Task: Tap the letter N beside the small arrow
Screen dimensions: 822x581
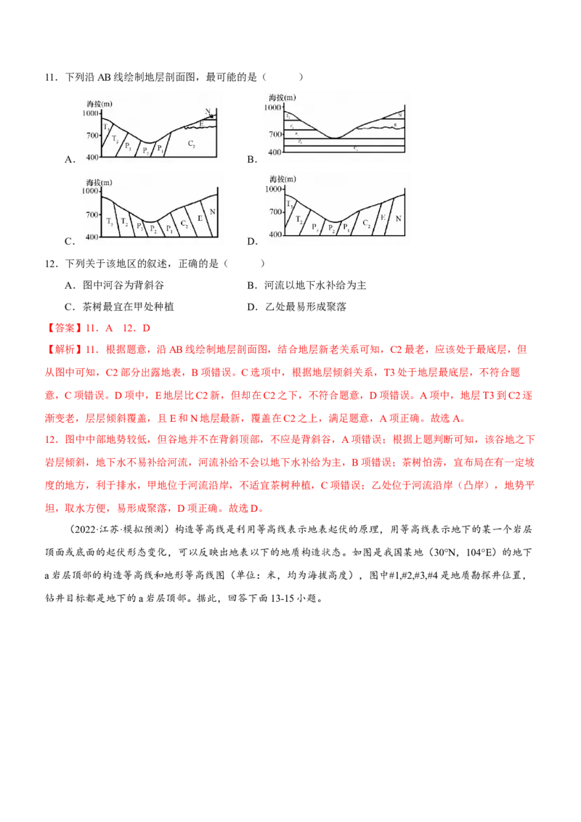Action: (207, 111)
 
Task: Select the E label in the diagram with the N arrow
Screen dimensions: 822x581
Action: (201, 124)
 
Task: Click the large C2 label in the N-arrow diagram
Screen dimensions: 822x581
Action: (191, 144)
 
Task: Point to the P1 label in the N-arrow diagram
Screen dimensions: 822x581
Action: (161, 149)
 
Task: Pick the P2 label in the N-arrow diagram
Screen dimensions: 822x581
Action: (145, 151)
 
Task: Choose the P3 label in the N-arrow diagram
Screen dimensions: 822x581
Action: (128, 146)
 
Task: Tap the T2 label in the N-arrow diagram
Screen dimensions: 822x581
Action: (115, 138)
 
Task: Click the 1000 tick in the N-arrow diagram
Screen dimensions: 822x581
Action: (91, 113)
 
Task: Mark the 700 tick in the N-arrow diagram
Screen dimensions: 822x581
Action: (92, 136)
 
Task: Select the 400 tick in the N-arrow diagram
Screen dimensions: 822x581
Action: (92, 157)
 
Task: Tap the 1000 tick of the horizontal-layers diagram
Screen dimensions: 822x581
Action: (272, 107)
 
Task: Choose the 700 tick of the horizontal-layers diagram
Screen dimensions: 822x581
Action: (273, 134)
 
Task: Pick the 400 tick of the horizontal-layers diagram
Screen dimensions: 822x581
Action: (273, 152)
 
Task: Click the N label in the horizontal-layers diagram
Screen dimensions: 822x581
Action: (400, 115)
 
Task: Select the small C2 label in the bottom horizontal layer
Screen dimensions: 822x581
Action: (355, 148)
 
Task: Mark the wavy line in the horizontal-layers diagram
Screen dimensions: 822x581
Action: (378, 127)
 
